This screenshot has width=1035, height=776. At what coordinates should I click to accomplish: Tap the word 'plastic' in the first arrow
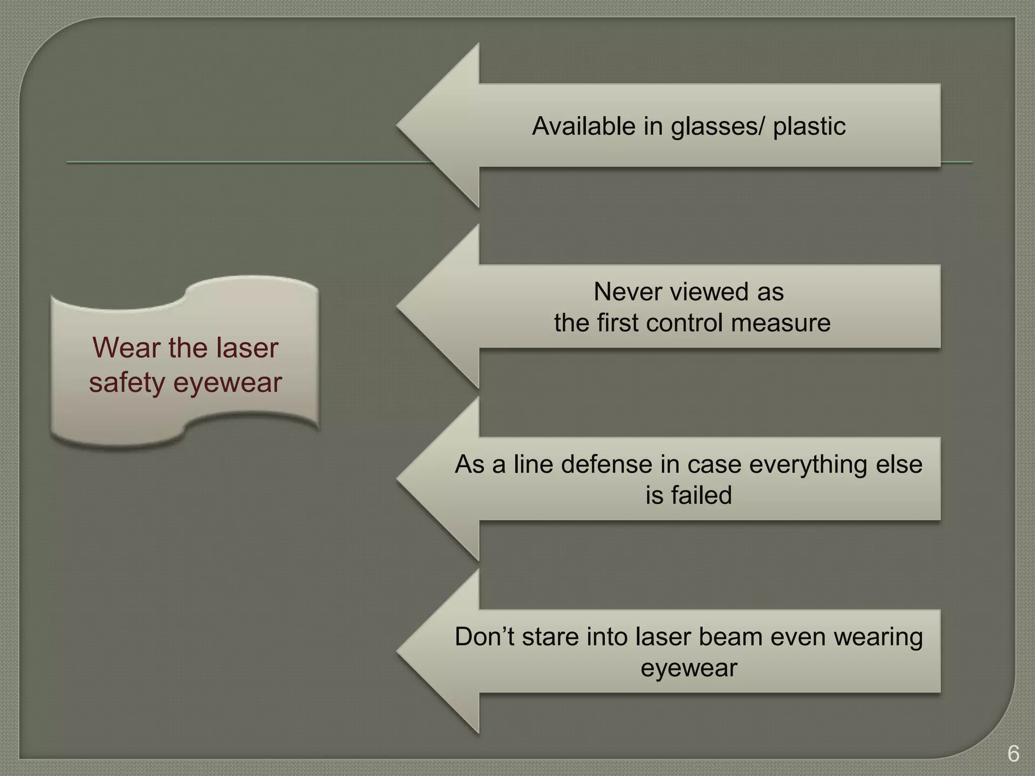point(809,126)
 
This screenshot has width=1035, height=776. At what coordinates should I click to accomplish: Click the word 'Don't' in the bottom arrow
point(485,637)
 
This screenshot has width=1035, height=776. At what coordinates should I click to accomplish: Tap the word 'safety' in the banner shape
point(127,382)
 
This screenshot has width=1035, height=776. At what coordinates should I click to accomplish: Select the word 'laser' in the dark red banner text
point(247,348)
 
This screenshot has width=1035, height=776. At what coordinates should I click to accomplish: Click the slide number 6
point(1013,754)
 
